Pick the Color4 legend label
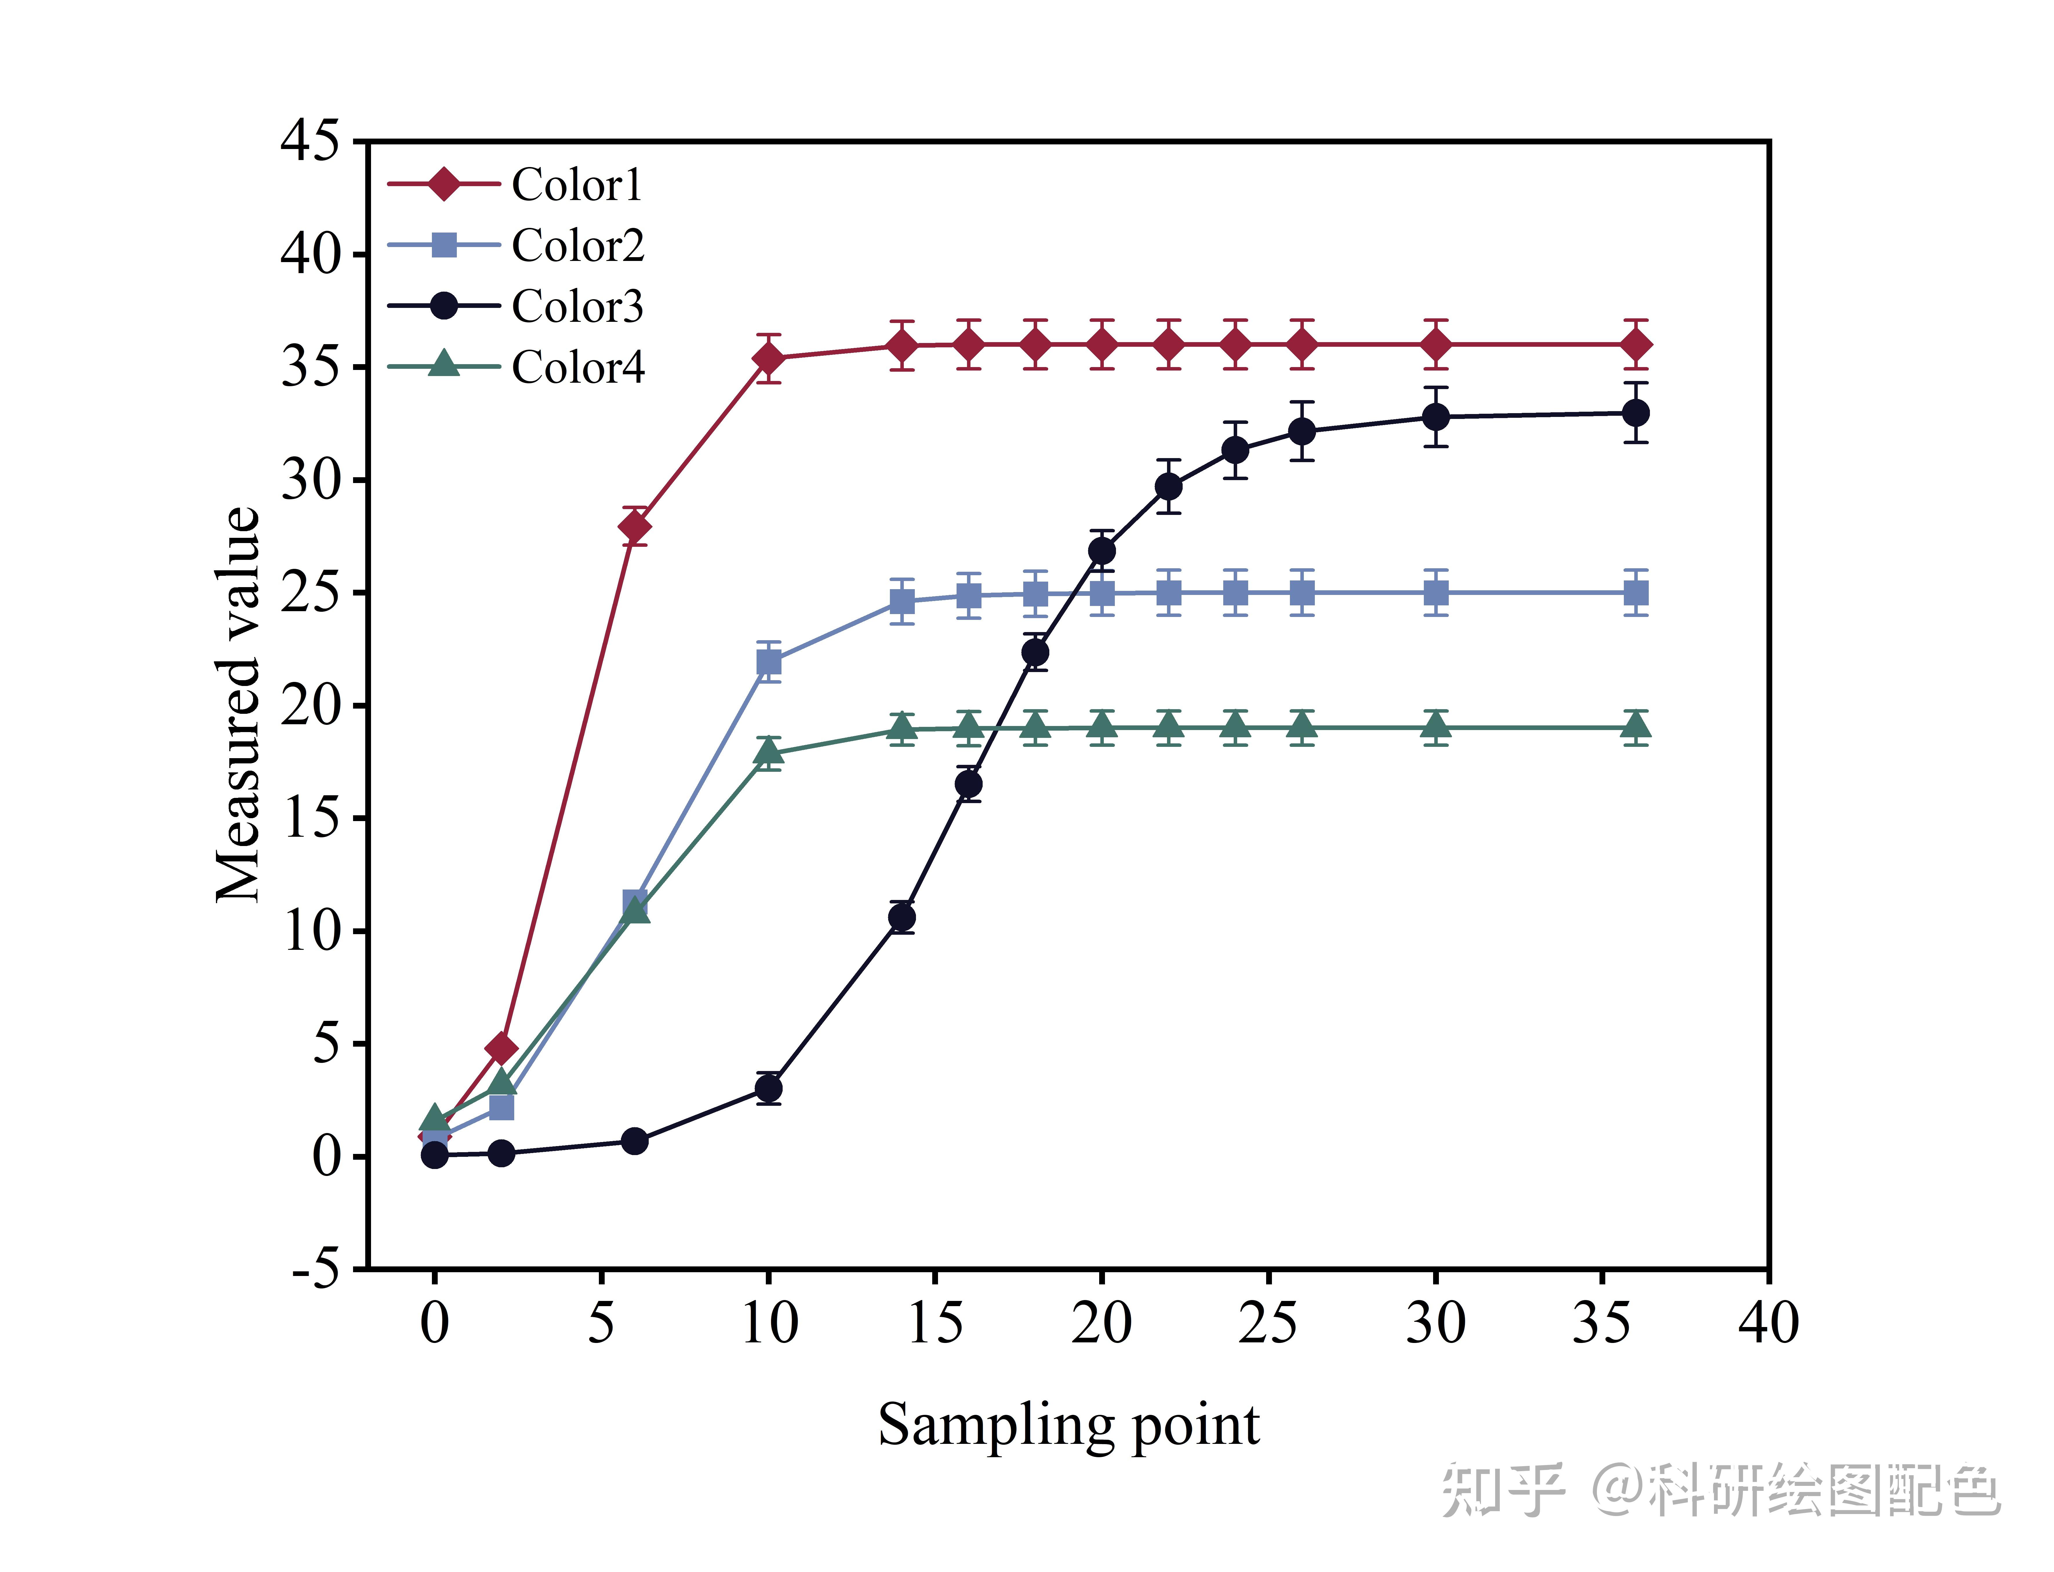point(577,367)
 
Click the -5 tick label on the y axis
point(316,1270)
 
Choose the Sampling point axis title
point(1068,1425)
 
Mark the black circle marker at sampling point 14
point(902,918)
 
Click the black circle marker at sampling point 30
point(1436,416)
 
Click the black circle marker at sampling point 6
point(634,1141)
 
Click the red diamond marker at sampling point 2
point(501,1048)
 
